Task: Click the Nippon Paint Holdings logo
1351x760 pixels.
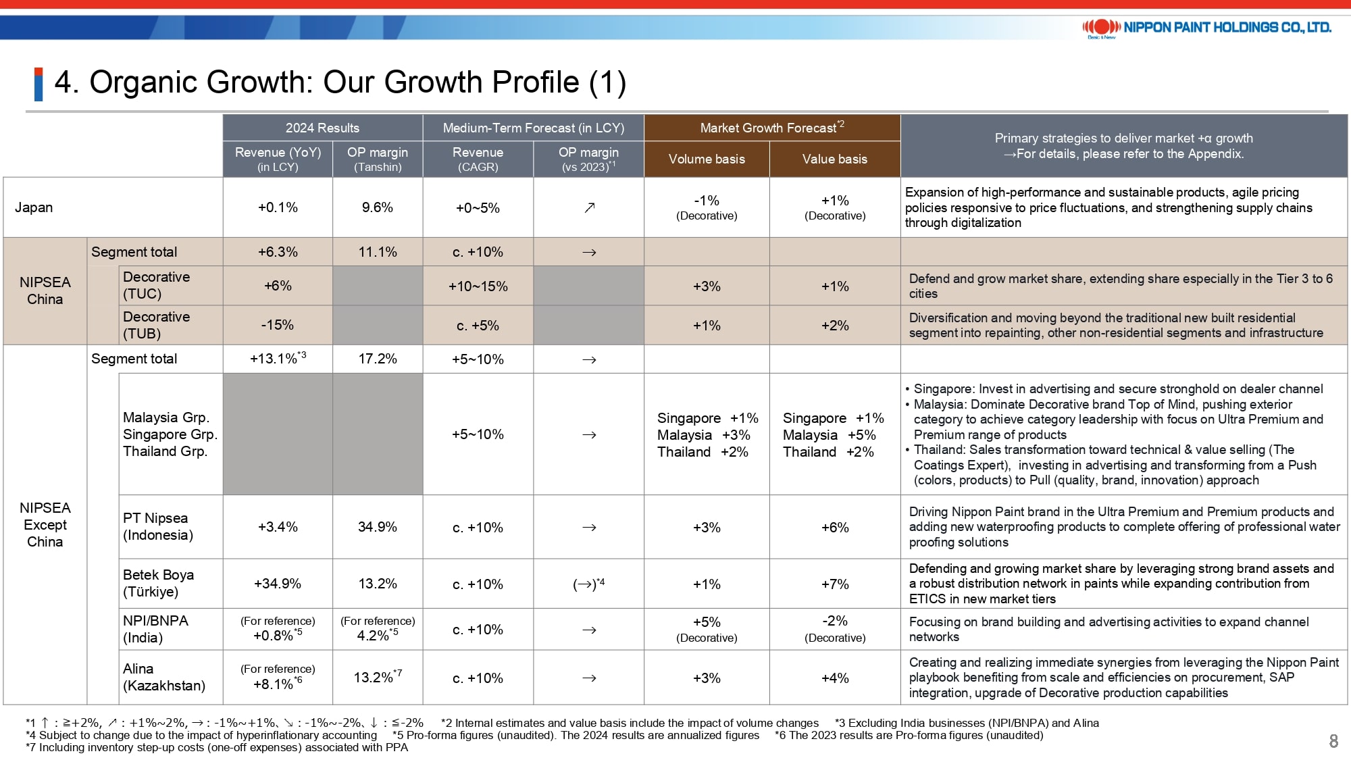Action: click(1206, 28)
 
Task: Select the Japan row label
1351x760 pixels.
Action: click(34, 207)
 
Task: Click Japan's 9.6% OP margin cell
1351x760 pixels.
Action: click(378, 207)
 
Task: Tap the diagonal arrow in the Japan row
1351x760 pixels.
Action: click(589, 207)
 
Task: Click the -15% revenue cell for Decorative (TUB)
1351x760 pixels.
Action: click(278, 325)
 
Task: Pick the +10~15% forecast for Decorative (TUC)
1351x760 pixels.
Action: click(478, 286)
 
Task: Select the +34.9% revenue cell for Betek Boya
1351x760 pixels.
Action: click(278, 584)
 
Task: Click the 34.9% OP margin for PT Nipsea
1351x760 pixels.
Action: click(378, 527)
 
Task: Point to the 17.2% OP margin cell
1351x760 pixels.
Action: click(378, 359)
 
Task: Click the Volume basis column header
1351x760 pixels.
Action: click(707, 159)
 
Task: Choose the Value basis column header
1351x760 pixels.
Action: click(835, 159)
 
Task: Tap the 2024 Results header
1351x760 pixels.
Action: click(322, 128)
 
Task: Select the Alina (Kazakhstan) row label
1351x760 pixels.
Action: click(164, 677)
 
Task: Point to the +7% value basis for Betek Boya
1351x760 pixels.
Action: click(835, 584)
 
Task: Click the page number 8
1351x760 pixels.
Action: click(1333, 741)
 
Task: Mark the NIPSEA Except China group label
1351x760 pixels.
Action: click(45, 525)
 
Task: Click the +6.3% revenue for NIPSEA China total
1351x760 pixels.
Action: click(278, 252)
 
